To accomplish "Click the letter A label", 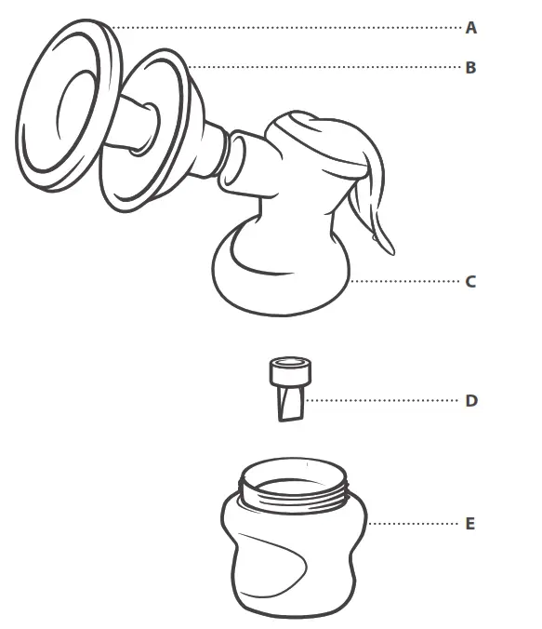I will point(471,28).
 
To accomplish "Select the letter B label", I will point(471,67).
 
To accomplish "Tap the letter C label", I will point(471,281).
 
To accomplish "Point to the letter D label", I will point(471,401).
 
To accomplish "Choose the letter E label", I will point(470,524).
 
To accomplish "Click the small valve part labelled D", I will point(289,387).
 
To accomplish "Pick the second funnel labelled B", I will point(149,130).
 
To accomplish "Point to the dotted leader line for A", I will point(288,28).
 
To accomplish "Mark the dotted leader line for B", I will point(325,67).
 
